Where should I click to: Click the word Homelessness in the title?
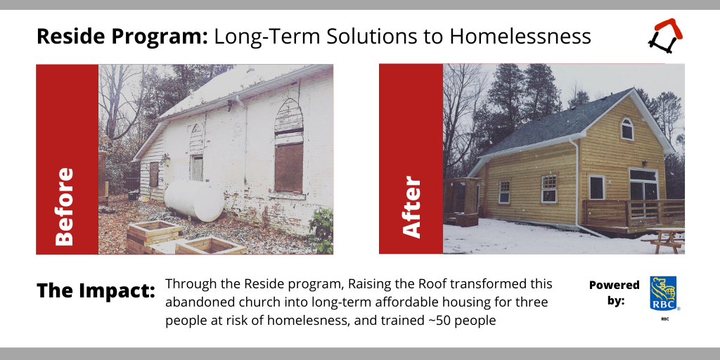[x=520, y=37]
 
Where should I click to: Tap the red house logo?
[x=665, y=35]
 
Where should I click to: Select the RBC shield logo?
[x=663, y=293]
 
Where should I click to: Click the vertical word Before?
[x=64, y=207]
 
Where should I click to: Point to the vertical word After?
[x=411, y=207]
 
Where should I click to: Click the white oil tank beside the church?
[x=194, y=200]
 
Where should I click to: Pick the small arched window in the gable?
[x=627, y=129]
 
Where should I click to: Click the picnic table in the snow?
[x=664, y=240]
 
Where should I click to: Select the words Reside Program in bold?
[x=122, y=37]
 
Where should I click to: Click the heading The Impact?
[x=96, y=290]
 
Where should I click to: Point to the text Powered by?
[x=614, y=293]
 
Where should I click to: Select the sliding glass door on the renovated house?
[x=643, y=192]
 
